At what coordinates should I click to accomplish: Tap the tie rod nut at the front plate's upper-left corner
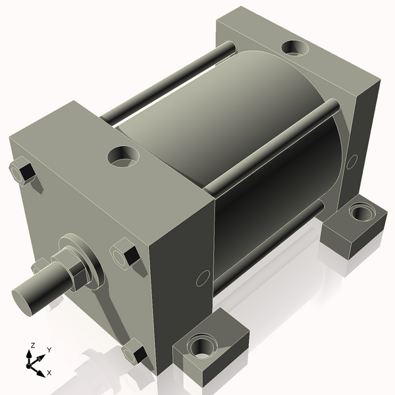[x=24, y=171]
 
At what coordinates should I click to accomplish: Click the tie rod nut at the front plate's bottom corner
[x=135, y=353]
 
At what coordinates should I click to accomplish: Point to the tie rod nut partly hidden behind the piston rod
[x=38, y=267]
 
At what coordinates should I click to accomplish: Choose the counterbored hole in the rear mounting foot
[x=361, y=213]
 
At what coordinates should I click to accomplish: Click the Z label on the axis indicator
[x=32, y=346]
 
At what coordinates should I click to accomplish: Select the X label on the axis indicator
[x=49, y=373]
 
